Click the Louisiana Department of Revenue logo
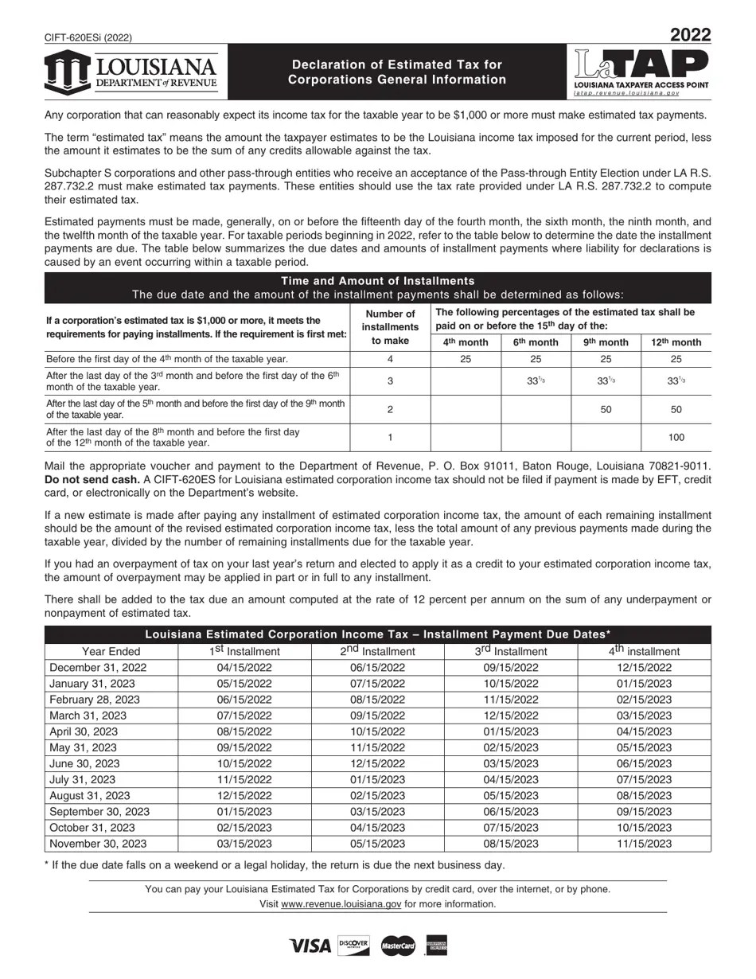pos(131,72)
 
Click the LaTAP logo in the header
pos(641,72)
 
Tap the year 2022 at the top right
pos(690,35)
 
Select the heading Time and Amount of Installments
pos(378,281)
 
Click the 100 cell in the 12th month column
pos(676,437)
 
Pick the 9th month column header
pos(606,342)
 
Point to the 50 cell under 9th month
pos(606,409)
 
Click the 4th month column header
pos(466,342)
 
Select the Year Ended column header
pos(111,651)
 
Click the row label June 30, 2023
pos(84,763)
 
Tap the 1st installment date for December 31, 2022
pos(244,668)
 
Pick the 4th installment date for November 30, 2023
pos(644,844)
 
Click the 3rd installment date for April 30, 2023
pos(511,731)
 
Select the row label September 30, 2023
pos(99,812)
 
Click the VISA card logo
pos(310,946)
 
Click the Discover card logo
pos(353,945)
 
